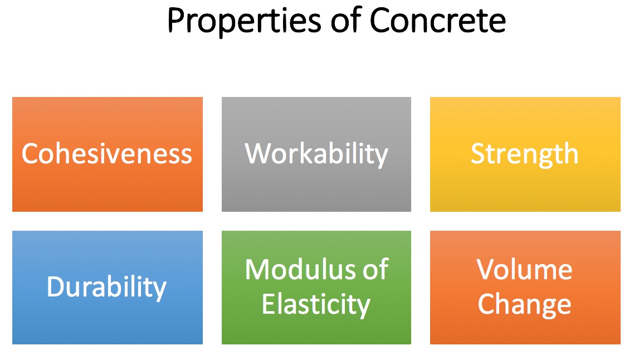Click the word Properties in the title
coord(244,21)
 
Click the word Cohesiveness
coord(107,154)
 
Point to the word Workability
coord(316,154)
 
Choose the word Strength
coord(525,154)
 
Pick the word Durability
coord(107,288)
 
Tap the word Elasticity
coord(316,305)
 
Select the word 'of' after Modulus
coord(375,269)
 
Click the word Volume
coord(524,269)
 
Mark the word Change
coord(524,305)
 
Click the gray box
coord(316,154)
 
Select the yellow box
coord(525,154)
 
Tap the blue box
coord(107,288)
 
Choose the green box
coord(316,288)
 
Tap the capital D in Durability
coord(56,286)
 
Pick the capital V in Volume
coord(486,269)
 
